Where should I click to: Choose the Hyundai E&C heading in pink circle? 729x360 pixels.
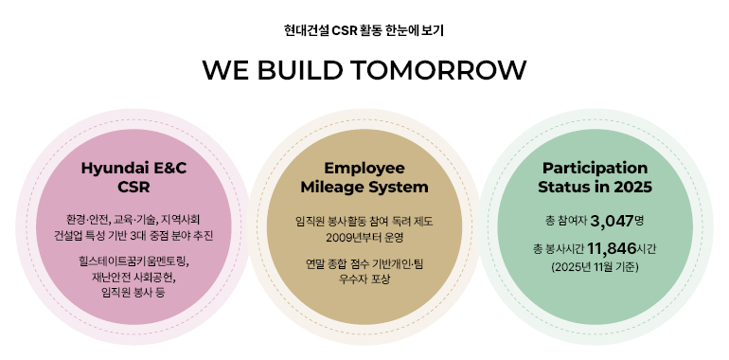tap(133, 168)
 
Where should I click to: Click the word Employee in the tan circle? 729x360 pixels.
tap(364, 168)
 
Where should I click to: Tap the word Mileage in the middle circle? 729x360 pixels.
tap(337, 187)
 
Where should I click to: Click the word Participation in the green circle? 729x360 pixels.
tap(595, 168)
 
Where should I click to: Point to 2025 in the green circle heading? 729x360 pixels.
tap(633, 187)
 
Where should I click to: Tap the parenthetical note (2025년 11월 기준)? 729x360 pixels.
tap(595, 268)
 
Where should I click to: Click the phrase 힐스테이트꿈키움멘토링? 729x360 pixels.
tap(134, 260)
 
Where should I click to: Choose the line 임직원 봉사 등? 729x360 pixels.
tap(133, 294)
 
